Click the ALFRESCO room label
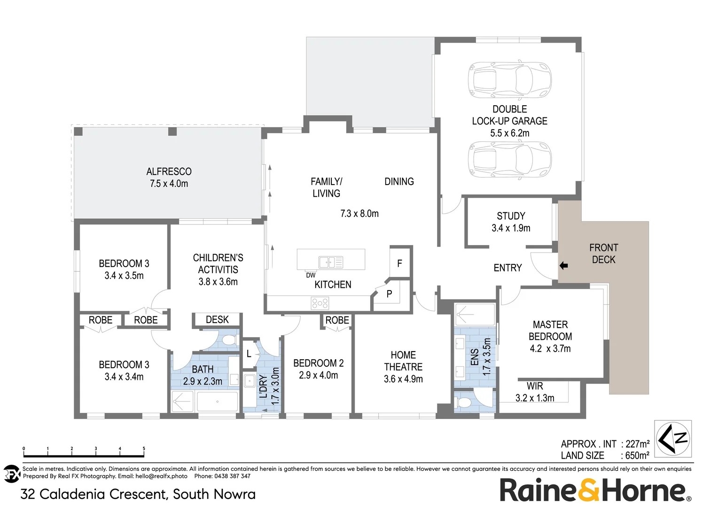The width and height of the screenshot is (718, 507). (169, 172)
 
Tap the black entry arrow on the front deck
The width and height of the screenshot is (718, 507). (564, 266)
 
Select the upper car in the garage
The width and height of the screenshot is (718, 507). (509, 80)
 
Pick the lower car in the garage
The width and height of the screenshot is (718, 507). (509, 160)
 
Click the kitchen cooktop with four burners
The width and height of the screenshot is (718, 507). (320, 303)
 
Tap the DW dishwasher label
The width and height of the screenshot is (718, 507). (311, 275)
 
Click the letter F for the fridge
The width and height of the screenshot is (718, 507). (399, 263)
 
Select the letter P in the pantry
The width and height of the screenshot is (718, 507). (389, 294)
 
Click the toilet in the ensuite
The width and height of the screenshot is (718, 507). (464, 403)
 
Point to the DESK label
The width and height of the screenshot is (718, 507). (217, 320)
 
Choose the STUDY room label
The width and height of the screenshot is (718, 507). (511, 216)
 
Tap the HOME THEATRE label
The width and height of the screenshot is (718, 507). (403, 361)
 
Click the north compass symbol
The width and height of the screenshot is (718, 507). (673, 439)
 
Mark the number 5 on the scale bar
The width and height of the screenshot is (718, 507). (144, 449)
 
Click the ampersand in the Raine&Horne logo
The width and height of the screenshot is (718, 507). (588, 491)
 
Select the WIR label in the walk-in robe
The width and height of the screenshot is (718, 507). (535, 386)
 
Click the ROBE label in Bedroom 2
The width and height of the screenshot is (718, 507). (337, 320)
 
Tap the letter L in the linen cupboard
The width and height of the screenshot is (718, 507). (249, 354)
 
